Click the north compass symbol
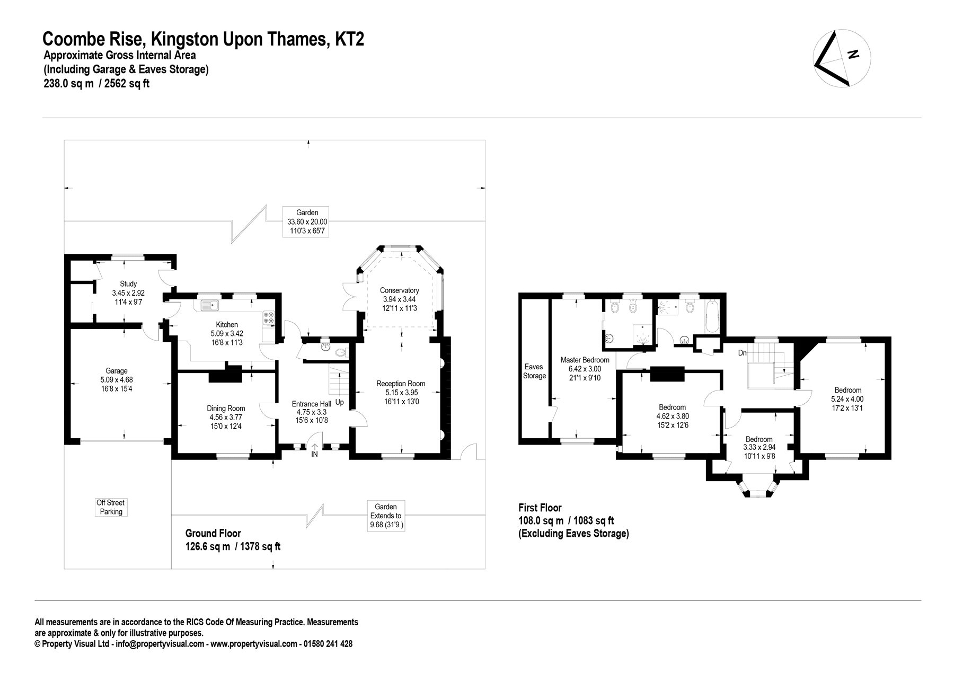842,58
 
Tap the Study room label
128,283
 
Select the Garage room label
117,371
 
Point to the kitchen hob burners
268,317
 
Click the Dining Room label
226,408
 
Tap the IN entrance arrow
314,450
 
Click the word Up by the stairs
339,403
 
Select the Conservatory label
400,290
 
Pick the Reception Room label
401,384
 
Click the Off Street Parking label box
111,507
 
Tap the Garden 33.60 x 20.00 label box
307,221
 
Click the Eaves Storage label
534,371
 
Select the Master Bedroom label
585,360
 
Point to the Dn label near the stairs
743,352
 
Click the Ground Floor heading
213,534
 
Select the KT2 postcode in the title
349,39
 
